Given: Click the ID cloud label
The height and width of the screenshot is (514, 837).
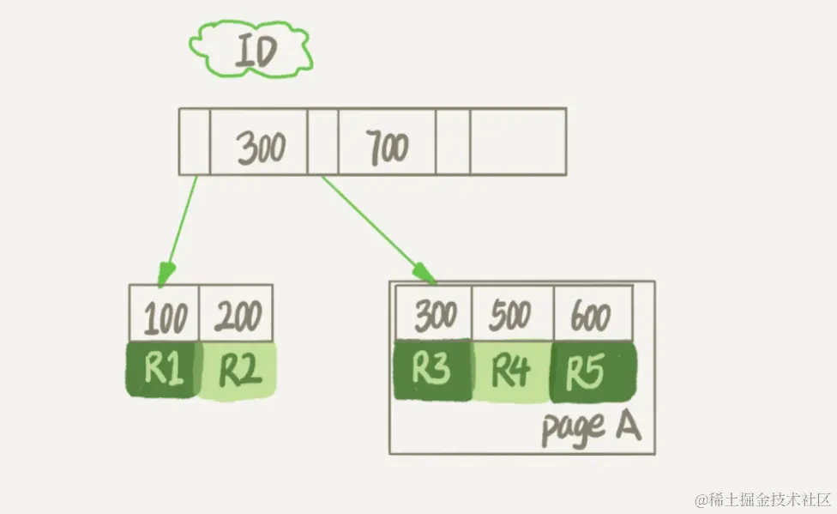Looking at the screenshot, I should click(251, 51).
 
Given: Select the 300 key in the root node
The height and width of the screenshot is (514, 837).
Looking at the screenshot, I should click(259, 142).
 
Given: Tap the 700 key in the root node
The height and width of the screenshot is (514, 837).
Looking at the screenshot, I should click(387, 142).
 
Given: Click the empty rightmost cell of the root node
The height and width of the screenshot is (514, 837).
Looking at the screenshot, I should click(518, 142).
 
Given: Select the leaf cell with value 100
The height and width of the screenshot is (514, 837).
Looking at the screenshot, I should click(165, 315).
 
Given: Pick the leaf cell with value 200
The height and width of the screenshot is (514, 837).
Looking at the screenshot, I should click(236, 315).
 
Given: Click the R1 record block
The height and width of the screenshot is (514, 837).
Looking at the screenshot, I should click(163, 370).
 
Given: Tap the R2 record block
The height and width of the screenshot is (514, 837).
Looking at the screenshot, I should click(238, 371).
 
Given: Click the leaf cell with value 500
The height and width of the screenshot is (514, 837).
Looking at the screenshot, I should click(512, 314).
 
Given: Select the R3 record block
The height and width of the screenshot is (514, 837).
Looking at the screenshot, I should click(432, 371).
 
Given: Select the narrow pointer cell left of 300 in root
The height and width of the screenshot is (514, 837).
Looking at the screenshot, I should click(195, 142).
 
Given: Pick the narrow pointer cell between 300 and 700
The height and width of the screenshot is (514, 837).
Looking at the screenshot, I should click(323, 142).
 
